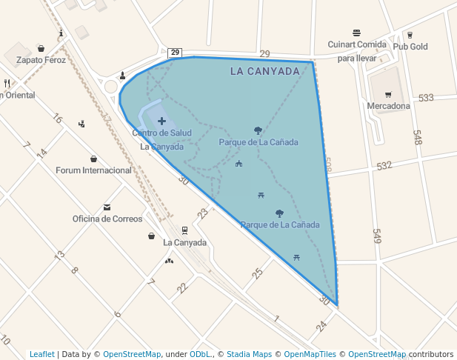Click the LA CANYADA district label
(264, 72)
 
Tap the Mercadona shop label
(388, 106)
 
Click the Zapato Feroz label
(41, 60)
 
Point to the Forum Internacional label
(93, 170)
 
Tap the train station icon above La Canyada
(184, 230)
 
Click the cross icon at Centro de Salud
(161, 121)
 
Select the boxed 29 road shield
(175, 52)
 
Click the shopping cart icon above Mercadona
(388, 95)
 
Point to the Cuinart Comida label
(357, 44)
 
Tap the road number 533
(426, 98)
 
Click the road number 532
(384, 165)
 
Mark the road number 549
(376, 236)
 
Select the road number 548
(417, 137)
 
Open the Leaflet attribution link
(42, 354)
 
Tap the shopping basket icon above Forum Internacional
(93, 159)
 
